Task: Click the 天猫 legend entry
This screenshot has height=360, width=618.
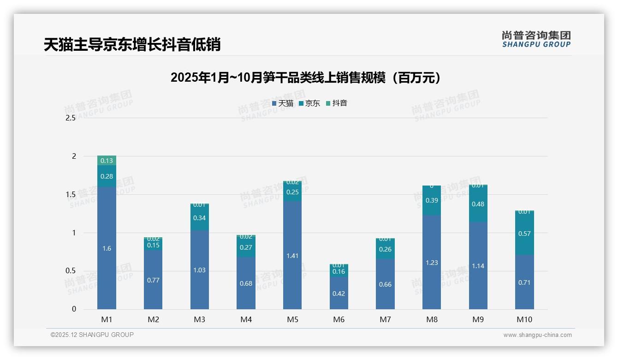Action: [283, 103]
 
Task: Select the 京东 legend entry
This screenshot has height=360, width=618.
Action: [309, 103]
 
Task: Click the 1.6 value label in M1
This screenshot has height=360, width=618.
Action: [107, 248]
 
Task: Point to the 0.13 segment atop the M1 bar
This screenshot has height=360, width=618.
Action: [107, 161]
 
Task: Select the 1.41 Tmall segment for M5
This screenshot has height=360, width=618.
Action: [292, 255]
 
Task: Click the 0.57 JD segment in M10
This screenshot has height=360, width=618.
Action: [524, 234]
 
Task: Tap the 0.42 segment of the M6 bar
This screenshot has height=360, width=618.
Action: [339, 294]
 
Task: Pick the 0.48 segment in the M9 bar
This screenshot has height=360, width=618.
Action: [478, 204]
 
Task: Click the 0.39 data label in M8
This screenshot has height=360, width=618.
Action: [432, 200]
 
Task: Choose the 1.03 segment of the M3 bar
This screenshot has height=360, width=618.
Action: [199, 270]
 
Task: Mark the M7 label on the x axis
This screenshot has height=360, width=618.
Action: [385, 319]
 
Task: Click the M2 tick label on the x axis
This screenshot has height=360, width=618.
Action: [153, 319]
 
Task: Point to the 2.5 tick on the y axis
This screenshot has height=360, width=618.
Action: [71, 118]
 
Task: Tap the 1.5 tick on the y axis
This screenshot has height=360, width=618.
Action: [71, 194]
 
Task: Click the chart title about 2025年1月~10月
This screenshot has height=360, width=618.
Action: [305, 78]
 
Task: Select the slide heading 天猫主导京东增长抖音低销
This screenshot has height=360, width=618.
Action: [132, 44]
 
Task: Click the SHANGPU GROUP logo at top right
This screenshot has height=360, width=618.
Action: [536, 39]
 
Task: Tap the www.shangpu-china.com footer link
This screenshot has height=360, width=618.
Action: [537, 335]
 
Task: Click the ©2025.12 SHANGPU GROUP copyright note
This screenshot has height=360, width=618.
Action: [92, 335]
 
